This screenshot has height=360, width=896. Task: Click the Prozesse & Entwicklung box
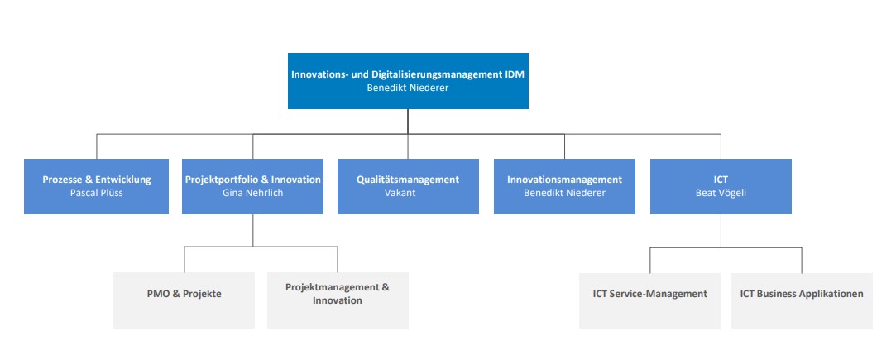coord(97,186)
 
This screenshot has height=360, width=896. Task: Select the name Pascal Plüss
coord(97,193)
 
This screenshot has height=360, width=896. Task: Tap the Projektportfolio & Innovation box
coord(252,186)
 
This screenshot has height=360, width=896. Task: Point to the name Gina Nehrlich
coord(252,193)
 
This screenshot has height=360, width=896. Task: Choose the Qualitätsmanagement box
coord(408,186)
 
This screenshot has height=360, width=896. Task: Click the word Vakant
coord(400,193)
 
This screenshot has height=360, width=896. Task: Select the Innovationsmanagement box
coord(564,186)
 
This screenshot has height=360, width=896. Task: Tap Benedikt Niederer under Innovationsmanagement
coord(564,193)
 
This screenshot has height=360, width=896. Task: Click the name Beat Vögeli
coord(721,193)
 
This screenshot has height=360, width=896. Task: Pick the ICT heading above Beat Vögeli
coord(721,180)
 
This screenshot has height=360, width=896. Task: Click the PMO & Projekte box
coord(184,300)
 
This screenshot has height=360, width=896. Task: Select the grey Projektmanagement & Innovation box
coord(338,300)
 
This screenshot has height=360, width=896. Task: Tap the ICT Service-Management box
coord(649,300)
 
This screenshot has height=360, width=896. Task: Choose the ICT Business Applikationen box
coord(802,300)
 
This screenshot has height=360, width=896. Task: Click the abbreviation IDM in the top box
coord(514,74)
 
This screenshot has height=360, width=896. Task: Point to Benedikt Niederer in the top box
coord(408,88)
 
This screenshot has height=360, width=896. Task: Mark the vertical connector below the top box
coord(408,122)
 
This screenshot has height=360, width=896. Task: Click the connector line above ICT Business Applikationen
coord(802,260)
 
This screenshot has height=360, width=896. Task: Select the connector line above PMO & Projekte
coord(184,259)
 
